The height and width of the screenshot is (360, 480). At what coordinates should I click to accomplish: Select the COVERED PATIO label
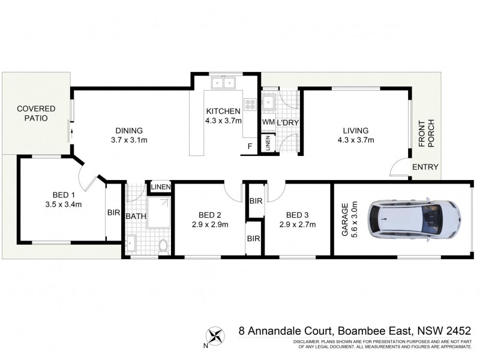pos(36,113)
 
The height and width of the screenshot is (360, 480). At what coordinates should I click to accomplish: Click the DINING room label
pos(129,131)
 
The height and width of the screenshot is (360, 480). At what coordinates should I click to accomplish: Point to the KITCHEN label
pos(223,111)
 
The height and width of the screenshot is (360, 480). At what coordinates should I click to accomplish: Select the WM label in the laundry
pos(268,122)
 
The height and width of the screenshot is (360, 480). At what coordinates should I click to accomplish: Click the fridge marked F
pos(250,146)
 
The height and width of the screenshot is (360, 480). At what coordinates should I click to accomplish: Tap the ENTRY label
pos(425,167)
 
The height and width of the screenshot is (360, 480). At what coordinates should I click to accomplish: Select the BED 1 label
pos(64,195)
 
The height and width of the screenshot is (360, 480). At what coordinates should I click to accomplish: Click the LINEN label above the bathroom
pos(161,187)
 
